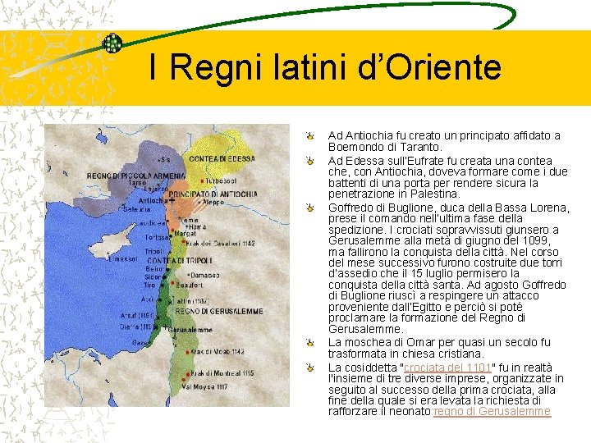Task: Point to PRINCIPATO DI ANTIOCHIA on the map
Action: click(213, 194)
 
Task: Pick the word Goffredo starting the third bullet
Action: click(353, 208)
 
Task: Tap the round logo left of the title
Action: click(112, 43)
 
